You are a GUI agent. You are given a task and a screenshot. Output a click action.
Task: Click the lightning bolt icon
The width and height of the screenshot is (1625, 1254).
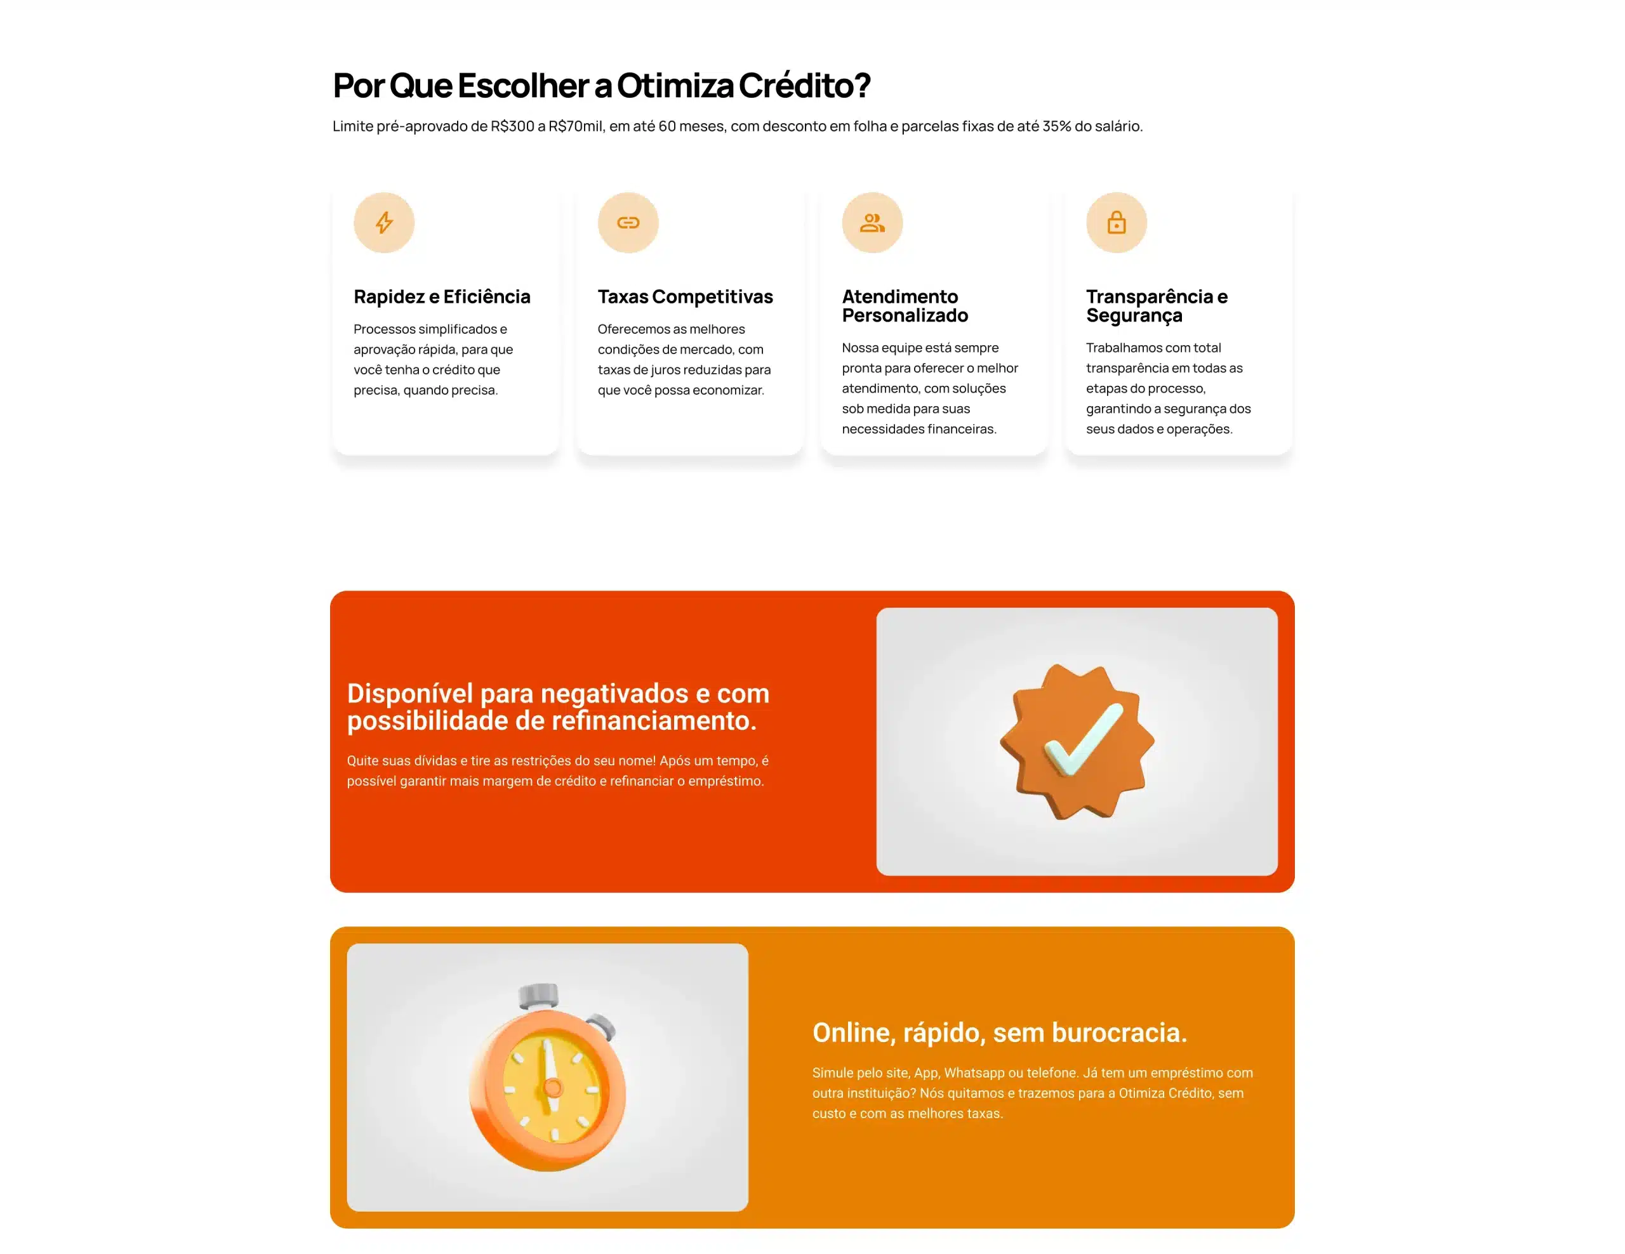click(x=384, y=222)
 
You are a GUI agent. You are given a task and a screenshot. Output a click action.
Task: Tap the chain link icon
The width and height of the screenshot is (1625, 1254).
click(x=628, y=222)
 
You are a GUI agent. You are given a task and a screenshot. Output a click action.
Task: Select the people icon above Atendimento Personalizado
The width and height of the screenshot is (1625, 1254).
click(x=872, y=222)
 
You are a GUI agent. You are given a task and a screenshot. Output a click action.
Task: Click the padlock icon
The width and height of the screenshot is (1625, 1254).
click(x=1116, y=221)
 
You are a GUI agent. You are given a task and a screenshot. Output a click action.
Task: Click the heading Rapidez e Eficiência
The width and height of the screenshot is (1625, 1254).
click(x=442, y=297)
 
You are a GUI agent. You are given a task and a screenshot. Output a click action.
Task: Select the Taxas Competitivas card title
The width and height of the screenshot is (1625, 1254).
click(x=686, y=297)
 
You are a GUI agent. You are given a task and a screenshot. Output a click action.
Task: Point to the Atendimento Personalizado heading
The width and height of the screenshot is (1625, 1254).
click(x=905, y=306)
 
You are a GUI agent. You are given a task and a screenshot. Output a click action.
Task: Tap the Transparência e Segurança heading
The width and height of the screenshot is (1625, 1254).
click(x=1157, y=306)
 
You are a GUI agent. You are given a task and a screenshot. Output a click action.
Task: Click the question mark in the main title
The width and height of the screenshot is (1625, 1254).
click(x=863, y=85)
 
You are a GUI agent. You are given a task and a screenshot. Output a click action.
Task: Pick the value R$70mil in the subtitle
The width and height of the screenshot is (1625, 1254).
click(x=575, y=126)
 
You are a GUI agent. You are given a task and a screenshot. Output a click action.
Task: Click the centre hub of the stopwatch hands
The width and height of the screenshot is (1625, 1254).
click(x=553, y=1087)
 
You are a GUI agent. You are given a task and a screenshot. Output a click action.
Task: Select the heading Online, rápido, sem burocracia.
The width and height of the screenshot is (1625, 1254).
click(x=999, y=1033)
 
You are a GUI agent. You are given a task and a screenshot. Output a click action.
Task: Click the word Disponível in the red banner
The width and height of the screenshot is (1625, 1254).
click(x=410, y=694)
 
